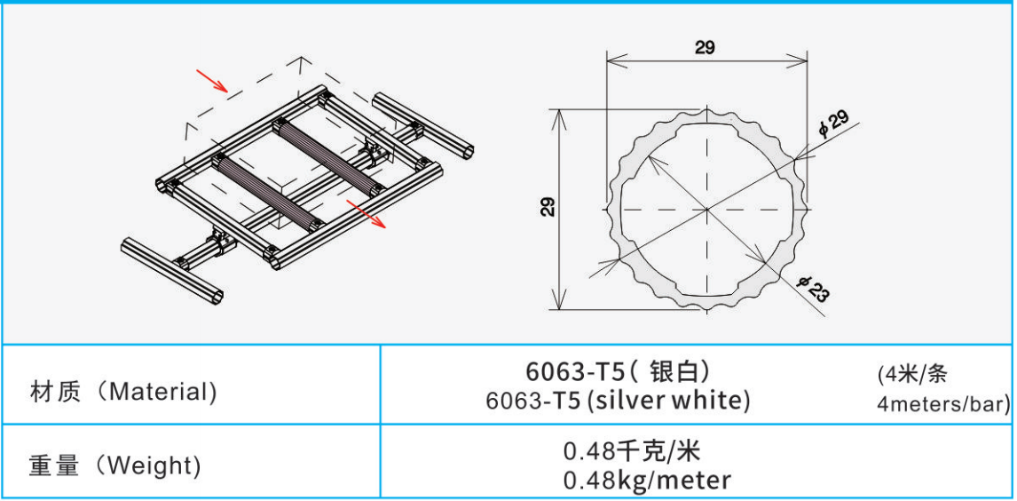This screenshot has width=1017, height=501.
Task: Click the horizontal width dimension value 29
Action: [705, 47]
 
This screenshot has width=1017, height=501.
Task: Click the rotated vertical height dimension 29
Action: [548, 207]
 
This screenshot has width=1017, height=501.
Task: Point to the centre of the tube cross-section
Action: [706, 209]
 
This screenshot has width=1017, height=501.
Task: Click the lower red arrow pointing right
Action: [367, 213]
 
